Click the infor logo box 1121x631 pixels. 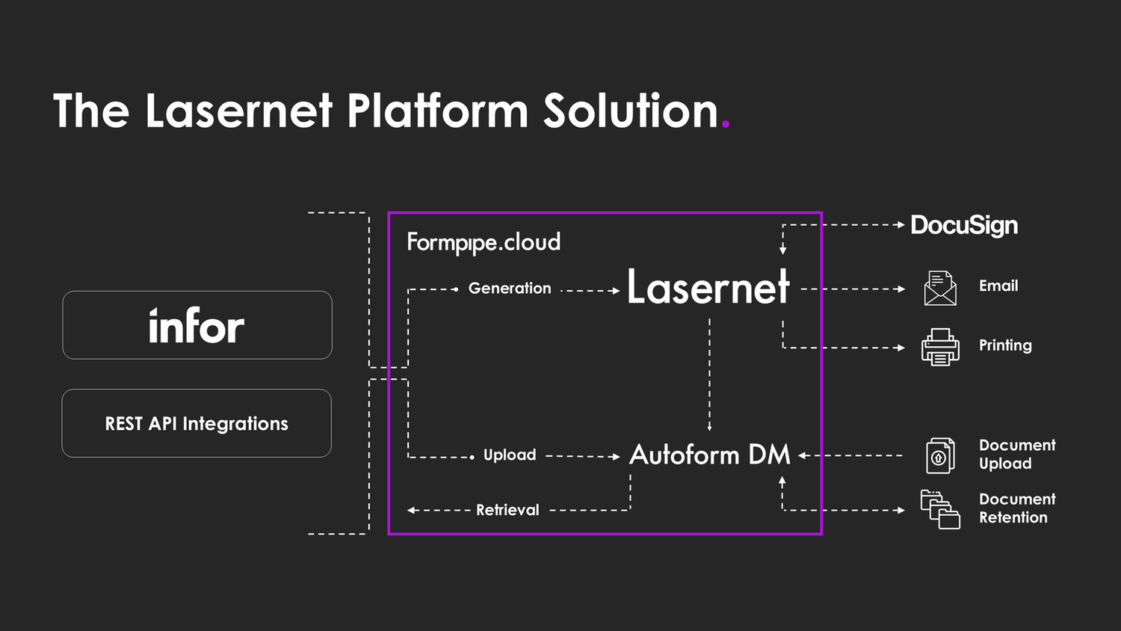197,325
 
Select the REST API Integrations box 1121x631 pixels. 197,423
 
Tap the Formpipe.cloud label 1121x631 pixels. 484,242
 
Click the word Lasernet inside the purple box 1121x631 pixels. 708,287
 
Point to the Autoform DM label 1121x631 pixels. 709,455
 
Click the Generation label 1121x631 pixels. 510,289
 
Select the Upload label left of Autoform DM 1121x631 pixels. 510,455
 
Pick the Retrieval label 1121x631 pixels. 507,510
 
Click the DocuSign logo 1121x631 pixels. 964,225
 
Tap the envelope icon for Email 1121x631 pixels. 940,289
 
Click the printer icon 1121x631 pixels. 940,347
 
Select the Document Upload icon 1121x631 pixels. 940,455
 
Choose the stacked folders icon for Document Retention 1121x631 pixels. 940,510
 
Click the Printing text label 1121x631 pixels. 1005,345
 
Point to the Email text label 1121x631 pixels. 998,286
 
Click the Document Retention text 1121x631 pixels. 1016,508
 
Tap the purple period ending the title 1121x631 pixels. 725,126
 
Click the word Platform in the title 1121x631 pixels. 437,111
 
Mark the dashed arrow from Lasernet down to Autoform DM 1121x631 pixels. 709,374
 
